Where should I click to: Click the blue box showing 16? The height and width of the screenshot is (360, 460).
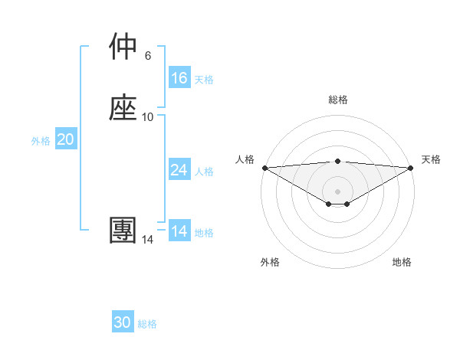(x=179, y=78)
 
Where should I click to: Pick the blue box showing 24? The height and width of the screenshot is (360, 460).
(x=179, y=170)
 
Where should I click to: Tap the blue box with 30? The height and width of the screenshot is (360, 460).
(x=123, y=322)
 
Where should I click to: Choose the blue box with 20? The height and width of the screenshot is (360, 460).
(x=66, y=139)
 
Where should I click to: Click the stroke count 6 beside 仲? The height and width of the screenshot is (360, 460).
(x=148, y=56)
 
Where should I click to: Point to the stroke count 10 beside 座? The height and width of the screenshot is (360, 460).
(x=148, y=117)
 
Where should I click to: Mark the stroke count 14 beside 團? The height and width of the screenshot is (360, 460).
(x=148, y=240)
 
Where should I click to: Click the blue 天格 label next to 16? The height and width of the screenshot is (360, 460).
(x=204, y=80)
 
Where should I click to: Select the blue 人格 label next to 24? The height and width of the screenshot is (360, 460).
(x=204, y=172)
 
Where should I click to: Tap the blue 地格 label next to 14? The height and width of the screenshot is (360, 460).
(x=204, y=233)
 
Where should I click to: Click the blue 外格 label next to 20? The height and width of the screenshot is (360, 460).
(x=41, y=141)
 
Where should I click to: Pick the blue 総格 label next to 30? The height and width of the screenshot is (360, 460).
(x=147, y=324)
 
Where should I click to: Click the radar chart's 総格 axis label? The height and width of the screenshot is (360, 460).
(x=338, y=100)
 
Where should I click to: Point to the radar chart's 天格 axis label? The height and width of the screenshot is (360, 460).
(x=431, y=159)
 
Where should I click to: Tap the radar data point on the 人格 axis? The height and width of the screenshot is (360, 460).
(x=264, y=168)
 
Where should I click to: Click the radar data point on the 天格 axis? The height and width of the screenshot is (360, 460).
(x=411, y=168)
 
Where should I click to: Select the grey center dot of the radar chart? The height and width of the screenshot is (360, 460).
(x=338, y=191)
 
